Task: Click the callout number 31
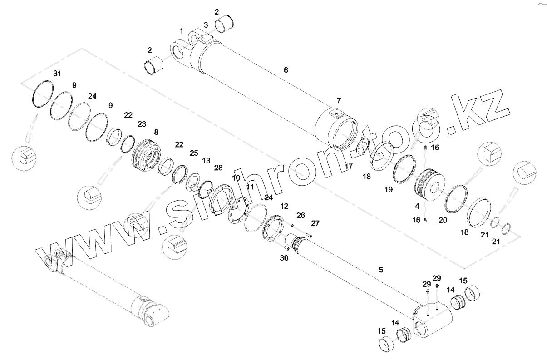[56, 74]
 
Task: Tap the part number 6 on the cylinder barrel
[286, 70]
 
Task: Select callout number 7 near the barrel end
[339, 100]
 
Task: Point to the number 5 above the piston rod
[381, 270]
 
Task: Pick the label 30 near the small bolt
[284, 258]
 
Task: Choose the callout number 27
[315, 223]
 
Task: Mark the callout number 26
[301, 215]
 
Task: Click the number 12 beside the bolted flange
[284, 206]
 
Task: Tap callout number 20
[443, 220]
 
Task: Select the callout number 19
[389, 190]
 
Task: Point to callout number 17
[349, 167]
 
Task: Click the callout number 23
[142, 123]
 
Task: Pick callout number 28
[218, 168]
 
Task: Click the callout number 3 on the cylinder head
[206, 24]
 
